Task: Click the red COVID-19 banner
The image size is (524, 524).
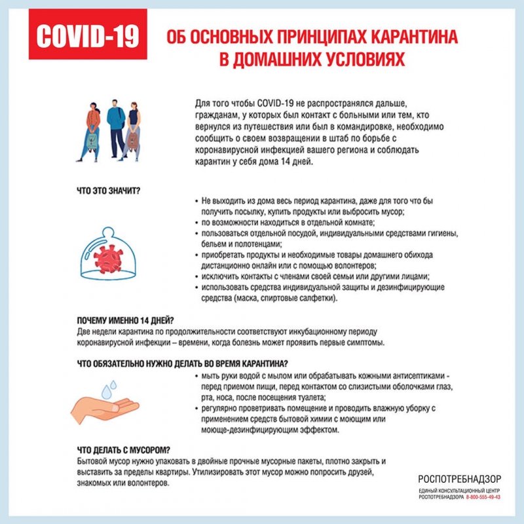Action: click(88, 37)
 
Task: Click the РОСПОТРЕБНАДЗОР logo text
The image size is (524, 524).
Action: click(459, 479)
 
